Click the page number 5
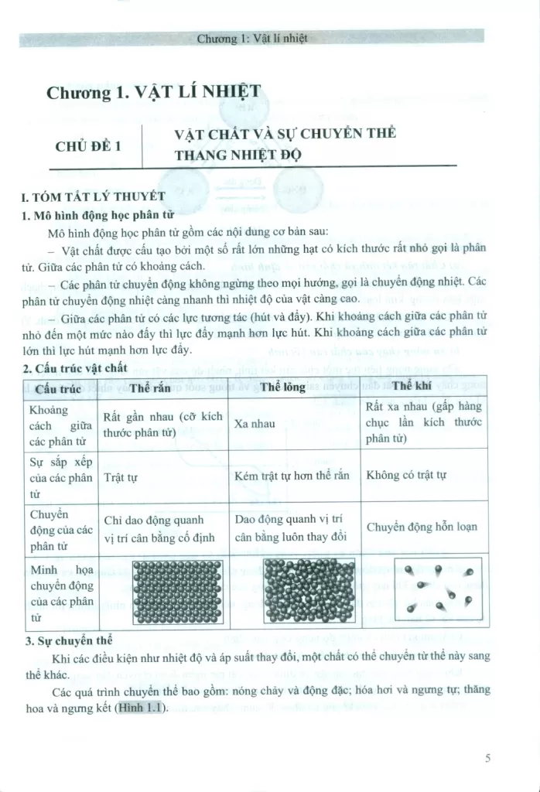[488, 758]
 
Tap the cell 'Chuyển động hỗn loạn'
[422, 527]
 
